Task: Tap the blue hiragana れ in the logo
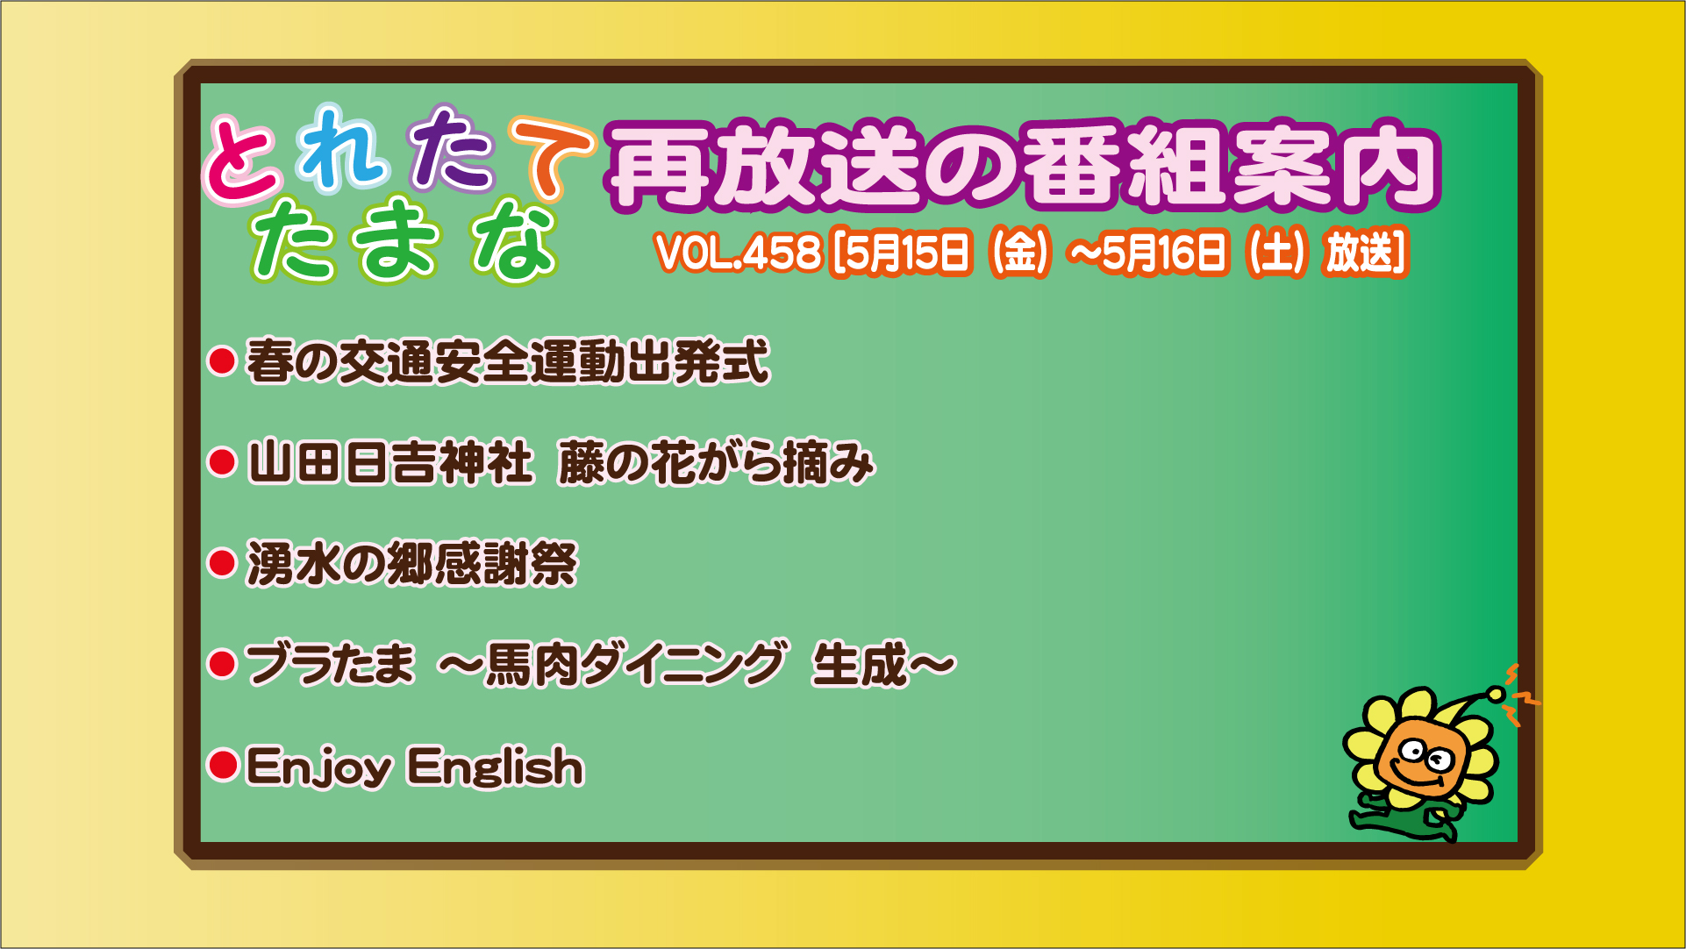click(x=342, y=147)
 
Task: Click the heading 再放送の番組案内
click(x=1023, y=167)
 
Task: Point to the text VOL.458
click(x=738, y=253)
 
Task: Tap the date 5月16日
click(x=1163, y=253)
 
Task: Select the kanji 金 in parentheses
click(x=1019, y=253)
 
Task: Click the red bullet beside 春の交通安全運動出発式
click(x=222, y=360)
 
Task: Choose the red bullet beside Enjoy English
click(x=222, y=764)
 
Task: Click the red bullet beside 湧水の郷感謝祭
click(x=222, y=562)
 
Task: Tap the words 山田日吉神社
click(x=390, y=462)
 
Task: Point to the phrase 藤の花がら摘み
click(x=716, y=462)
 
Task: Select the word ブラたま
click(x=330, y=663)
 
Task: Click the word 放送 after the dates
click(x=1360, y=253)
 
